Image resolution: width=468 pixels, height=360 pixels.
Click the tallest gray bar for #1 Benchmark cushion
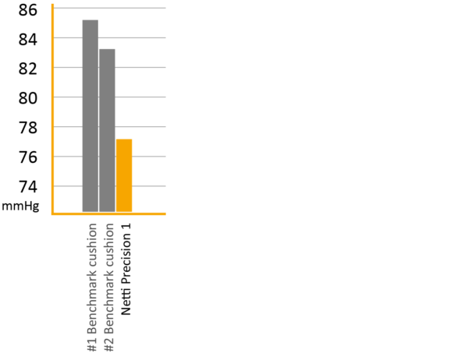click(90, 116)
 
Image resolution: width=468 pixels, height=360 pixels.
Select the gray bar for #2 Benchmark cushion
click(107, 130)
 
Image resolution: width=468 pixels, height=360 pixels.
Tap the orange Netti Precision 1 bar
click(124, 175)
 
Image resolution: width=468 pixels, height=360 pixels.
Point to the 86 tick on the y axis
click(28, 10)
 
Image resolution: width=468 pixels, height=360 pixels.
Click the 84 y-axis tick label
click(28, 40)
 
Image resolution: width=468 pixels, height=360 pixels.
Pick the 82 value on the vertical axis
click(28, 69)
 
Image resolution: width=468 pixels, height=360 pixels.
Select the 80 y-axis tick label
click(28, 98)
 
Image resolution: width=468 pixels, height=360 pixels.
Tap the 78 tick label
click(28, 128)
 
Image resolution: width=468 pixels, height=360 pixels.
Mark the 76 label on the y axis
click(28, 157)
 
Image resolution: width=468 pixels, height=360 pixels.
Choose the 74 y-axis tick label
click(28, 187)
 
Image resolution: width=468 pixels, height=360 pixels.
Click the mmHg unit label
click(20, 206)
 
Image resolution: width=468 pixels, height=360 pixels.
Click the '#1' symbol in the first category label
click(92, 344)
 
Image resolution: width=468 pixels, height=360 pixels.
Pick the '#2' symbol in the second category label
click(109, 344)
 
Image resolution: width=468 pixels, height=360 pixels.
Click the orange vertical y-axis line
click(52, 109)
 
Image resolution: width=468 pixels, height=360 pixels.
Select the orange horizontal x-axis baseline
click(108, 214)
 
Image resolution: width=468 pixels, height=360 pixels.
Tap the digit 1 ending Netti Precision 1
click(126, 227)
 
